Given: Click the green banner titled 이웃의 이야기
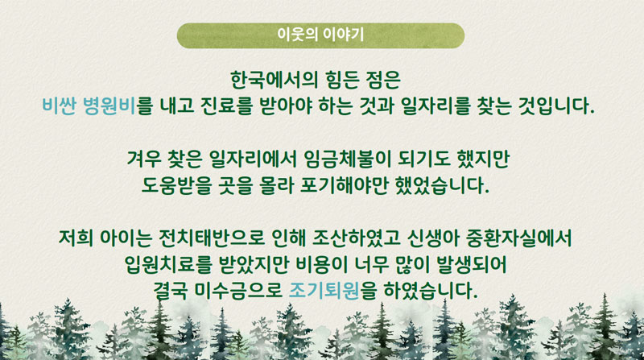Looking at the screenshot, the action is click(320, 35).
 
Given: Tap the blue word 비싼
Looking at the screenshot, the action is click(59, 106).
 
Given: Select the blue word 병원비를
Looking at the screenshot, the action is click(118, 106).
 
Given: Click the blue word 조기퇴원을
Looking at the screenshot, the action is click(332, 291).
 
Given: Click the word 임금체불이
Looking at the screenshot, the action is click(348, 159).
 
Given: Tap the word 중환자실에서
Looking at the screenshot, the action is click(519, 238).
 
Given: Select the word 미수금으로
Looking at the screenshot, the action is click(238, 291).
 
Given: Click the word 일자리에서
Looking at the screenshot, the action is click(253, 159).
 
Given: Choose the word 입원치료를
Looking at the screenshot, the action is click(167, 264).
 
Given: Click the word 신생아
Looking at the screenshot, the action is click(433, 238).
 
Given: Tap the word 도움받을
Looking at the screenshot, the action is click(176, 185).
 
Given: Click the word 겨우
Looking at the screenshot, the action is click(144, 159).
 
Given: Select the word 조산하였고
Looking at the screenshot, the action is click(357, 238).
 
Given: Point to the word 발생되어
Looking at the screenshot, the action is click(472, 264).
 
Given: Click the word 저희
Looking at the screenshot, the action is click(76, 238).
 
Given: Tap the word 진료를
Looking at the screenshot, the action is click(226, 106).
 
